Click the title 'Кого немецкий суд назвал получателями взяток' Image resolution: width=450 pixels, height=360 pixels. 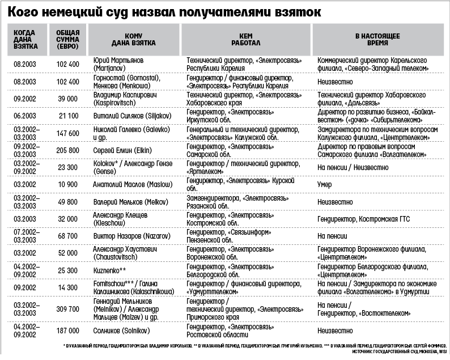[169, 11]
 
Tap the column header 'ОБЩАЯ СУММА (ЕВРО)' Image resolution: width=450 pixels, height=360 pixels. [67, 39]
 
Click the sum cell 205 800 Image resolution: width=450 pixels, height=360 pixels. [67, 150]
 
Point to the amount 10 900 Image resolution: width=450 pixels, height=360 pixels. [67, 185]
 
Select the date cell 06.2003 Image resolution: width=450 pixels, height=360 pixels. [26, 116]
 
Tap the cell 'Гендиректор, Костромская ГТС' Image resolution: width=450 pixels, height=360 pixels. [363, 219]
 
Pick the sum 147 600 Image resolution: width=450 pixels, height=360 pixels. [67, 133]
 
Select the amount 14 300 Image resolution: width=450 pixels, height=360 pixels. [67, 287]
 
